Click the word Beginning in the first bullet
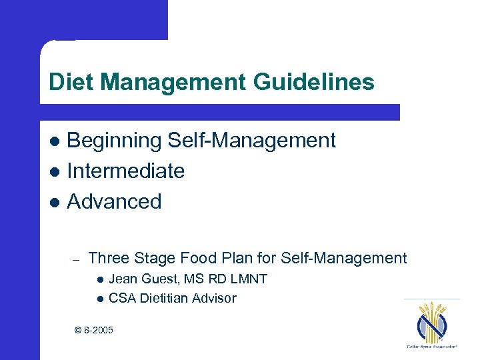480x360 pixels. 114,141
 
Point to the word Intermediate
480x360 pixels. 126,171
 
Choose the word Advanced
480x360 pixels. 115,201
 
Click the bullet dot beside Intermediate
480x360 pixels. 55,172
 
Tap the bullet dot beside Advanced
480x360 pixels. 55,202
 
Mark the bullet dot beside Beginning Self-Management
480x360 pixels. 55,141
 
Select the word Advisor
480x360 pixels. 214,298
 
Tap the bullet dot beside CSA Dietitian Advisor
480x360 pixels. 99,299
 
